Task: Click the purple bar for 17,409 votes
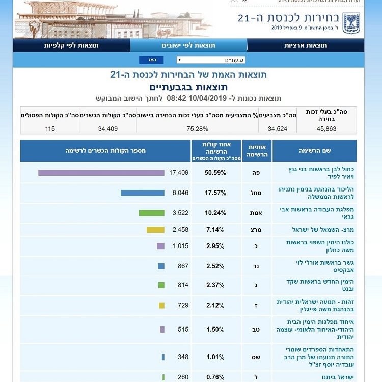tap(101, 173)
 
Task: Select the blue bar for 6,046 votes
tap(143, 193)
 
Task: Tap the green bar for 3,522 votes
tap(151, 213)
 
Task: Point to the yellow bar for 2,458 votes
tap(155, 230)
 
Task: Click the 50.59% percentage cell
tap(215, 173)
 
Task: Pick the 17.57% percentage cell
tap(215, 193)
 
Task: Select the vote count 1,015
tap(179, 246)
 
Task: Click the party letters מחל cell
tap(257, 193)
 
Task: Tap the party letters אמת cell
tap(257, 213)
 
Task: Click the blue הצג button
tap(151, 60)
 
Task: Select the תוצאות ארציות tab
tap(306, 45)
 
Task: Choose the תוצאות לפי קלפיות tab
tap(71, 45)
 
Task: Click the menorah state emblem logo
tap(351, 21)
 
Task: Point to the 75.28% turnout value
tap(198, 129)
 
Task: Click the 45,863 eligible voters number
tap(326, 129)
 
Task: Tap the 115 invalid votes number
tap(50, 129)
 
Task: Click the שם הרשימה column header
tap(314, 151)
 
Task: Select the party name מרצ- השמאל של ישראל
tap(312, 230)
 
